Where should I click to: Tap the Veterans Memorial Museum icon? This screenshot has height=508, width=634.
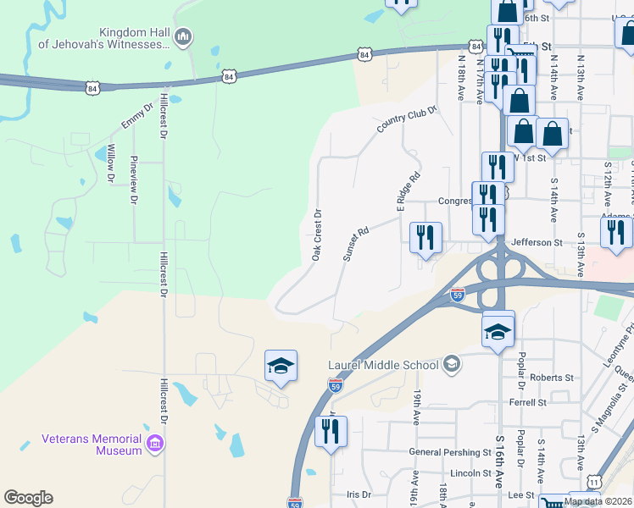click(x=154, y=444)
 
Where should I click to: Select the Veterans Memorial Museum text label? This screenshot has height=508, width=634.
click(x=92, y=444)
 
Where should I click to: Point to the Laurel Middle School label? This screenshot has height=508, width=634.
click(x=383, y=365)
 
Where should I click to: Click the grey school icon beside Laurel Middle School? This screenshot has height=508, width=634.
click(x=452, y=364)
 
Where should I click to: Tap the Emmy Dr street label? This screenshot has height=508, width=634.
click(x=136, y=116)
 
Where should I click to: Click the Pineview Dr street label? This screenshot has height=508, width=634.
click(x=133, y=180)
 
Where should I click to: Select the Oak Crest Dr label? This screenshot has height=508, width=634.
click(x=316, y=235)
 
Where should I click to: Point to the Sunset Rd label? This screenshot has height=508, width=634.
click(x=355, y=243)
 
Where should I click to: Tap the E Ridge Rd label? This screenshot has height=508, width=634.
click(x=408, y=192)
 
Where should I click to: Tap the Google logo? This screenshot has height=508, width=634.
click(x=28, y=498)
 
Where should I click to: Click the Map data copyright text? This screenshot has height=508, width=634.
click(x=598, y=501)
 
